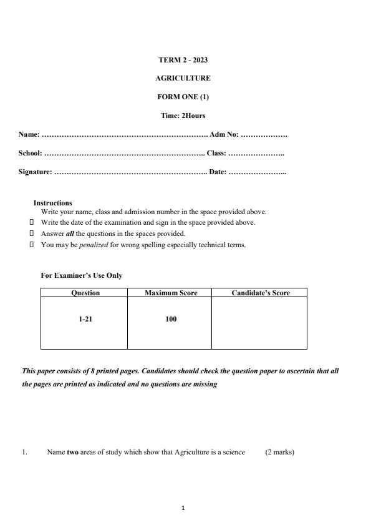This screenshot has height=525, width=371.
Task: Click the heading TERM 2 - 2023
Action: click(x=183, y=60)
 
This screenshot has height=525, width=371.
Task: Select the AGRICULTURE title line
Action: click(x=183, y=78)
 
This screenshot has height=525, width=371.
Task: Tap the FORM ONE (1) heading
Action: click(x=183, y=97)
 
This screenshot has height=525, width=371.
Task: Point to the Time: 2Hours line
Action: click(x=183, y=115)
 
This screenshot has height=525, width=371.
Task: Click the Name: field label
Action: click(x=29, y=134)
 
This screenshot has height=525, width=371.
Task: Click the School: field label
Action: click(x=30, y=153)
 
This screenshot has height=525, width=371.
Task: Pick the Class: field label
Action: click(x=216, y=153)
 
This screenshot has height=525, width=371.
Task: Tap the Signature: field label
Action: click(x=35, y=172)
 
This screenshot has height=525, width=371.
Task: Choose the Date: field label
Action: click(x=218, y=172)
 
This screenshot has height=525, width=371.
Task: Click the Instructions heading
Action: click(x=52, y=203)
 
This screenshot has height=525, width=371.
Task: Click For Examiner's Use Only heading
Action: click(x=81, y=275)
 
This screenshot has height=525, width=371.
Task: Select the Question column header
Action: click(x=85, y=293)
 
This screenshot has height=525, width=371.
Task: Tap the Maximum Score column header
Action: click(x=171, y=293)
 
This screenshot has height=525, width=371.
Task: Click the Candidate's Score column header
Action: click(x=260, y=293)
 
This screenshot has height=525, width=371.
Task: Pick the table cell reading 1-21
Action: click(x=85, y=319)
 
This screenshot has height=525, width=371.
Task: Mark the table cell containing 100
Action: click(x=171, y=319)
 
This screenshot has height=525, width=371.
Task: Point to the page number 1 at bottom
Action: click(x=183, y=508)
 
